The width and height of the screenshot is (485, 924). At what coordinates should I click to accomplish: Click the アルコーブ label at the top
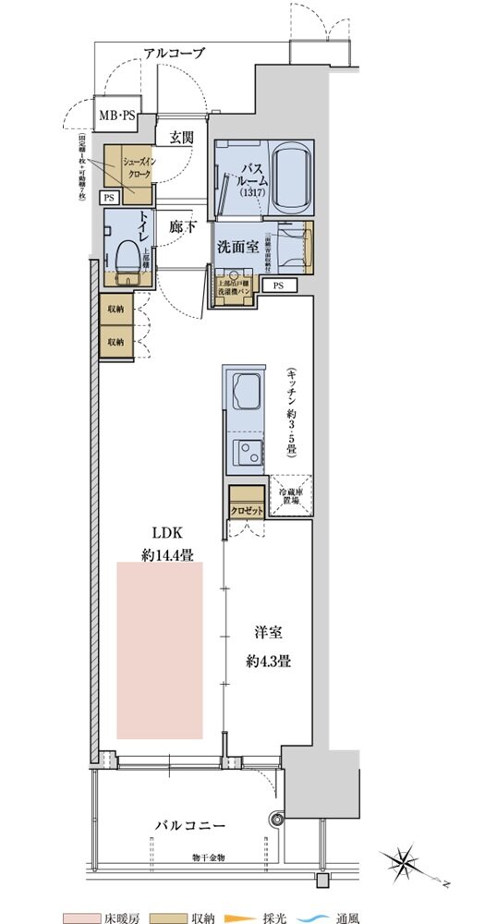point(174,53)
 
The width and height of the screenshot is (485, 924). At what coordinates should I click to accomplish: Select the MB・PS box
point(116,118)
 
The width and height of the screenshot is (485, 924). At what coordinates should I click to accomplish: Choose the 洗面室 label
point(236,247)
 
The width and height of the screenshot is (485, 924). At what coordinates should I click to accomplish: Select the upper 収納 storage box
point(115,310)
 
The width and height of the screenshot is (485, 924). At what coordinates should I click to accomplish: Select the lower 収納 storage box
point(115,341)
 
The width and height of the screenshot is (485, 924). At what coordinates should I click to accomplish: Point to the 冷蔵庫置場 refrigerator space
point(291,497)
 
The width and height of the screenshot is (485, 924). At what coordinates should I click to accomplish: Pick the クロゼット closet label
point(247,510)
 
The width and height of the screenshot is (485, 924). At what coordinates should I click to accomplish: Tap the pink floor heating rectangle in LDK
point(159,650)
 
